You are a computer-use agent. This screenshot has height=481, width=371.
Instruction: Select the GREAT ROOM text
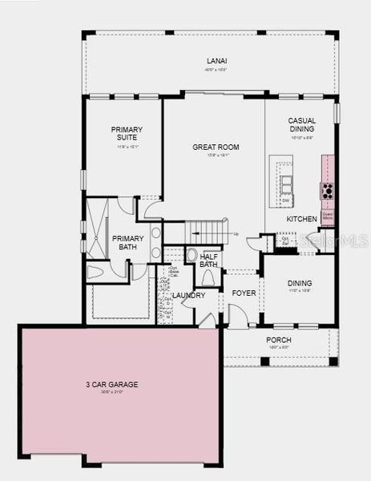[x=212, y=148]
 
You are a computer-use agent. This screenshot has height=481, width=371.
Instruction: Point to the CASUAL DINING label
[x=302, y=125]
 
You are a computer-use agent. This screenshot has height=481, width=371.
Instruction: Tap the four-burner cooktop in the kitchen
[x=328, y=191]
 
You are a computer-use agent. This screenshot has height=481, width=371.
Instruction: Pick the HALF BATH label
[x=208, y=261]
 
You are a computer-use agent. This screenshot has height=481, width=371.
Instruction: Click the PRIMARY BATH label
[x=128, y=243]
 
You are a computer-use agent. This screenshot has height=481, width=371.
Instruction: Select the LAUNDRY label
[x=189, y=295]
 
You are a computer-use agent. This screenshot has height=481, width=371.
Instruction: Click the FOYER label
[x=244, y=293]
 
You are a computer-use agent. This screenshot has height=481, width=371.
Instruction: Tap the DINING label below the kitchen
[x=299, y=283]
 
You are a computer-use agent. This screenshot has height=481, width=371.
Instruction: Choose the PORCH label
[x=279, y=340]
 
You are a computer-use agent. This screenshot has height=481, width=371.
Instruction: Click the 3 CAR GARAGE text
[x=112, y=385]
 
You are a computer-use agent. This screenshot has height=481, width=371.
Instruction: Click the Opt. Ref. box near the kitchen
[x=285, y=240]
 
